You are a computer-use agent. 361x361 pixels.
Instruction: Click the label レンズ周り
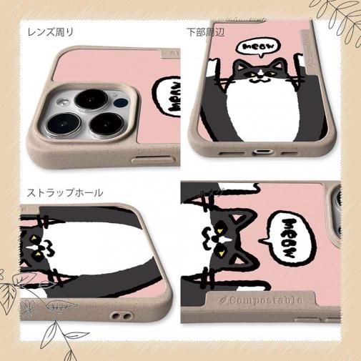[x=51, y=31]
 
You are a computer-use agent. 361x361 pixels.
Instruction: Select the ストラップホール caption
[x=65, y=192]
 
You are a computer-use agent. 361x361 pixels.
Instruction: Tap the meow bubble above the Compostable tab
[x=290, y=235]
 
